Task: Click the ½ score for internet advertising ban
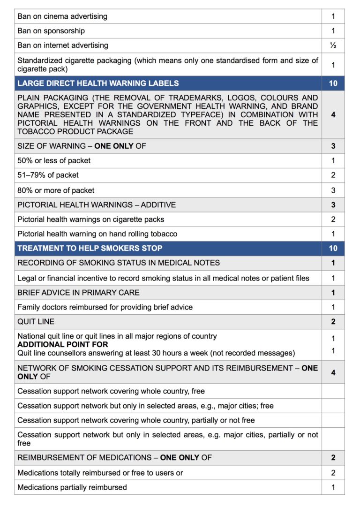point(333,45)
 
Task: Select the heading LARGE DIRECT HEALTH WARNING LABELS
point(98,83)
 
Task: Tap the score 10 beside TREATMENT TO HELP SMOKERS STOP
point(333,248)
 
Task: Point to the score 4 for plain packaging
point(333,114)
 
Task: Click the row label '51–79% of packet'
point(48,175)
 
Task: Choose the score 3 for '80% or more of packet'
point(333,190)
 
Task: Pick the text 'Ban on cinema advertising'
point(62,16)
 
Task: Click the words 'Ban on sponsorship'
point(51,31)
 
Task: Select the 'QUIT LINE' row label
point(36,322)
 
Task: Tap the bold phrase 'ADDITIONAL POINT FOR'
point(62,345)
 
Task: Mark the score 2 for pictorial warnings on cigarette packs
point(333,219)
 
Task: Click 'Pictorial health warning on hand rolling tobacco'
point(97,234)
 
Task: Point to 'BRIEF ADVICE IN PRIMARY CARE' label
point(78,292)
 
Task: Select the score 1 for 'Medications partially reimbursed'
point(333,487)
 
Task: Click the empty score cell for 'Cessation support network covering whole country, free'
point(333,391)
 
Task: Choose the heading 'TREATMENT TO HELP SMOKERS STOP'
point(90,248)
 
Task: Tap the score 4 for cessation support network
point(333,372)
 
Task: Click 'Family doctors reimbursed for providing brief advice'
point(105,307)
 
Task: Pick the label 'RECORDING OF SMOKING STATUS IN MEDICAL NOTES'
point(119,263)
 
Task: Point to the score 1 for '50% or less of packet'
point(333,160)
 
